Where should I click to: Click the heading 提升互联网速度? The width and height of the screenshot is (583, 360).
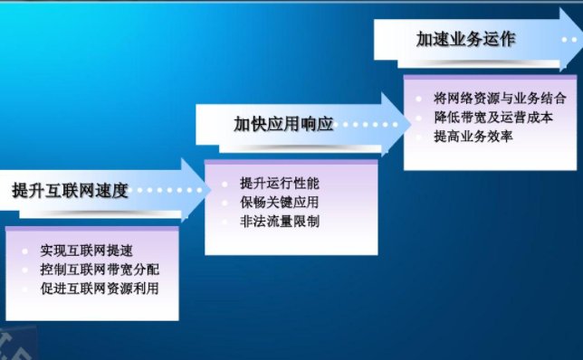click(x=71, y=191)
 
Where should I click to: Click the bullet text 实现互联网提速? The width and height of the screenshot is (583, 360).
click(x=85, y=250)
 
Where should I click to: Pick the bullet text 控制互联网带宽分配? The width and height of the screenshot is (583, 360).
click(x=100, y=270)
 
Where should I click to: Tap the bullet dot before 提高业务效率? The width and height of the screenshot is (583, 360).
click(x=418, y=137)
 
